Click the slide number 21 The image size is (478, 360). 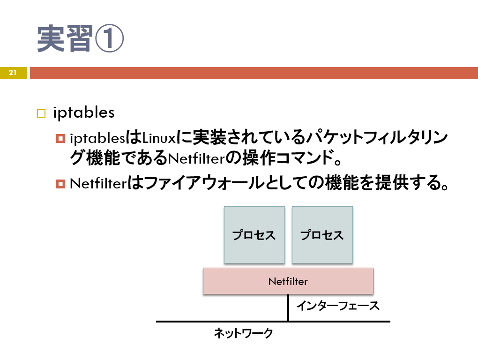pyautogui.click(x=13, y=73)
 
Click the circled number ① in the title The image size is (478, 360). pyautogui.click(x=109, y=38)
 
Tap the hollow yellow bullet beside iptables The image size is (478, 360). pyautogui.click(x=41, y=113)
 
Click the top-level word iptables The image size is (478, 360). pyautogui.click(x=84, y=112)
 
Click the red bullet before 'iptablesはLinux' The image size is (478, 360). pyautogui.click(x=60, y=138)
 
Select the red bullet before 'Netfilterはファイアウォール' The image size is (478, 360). pyautogui.click(x=60, y=184)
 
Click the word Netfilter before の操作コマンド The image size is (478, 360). pyautogui.click(x=196, y=158)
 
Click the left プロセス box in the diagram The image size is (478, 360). pyautogui.click(x=254, y=235)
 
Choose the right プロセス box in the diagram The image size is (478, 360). pyautogui.click(x=322, y=235)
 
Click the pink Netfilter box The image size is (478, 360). pyautogui.click(x=288, y=281)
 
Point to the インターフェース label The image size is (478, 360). pyautogui.click(x=338, y=306)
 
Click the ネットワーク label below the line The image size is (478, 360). pyautogui.click(x=243, y=333)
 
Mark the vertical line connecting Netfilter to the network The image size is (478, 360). pyautogui.click(x=288, y=307)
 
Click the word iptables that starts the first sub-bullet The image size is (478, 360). pyautogui.click(x=97, y=139)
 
